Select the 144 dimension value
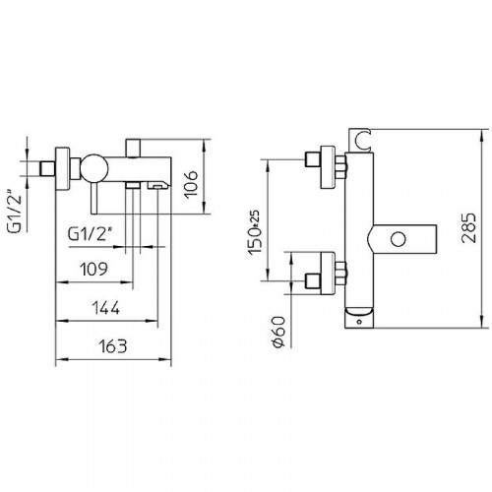coord(109,308)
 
